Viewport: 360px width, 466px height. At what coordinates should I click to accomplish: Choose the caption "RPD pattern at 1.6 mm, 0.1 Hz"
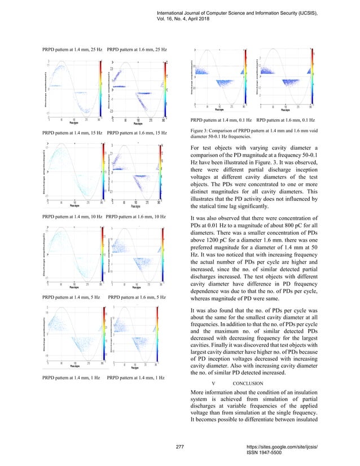coord(286,121)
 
